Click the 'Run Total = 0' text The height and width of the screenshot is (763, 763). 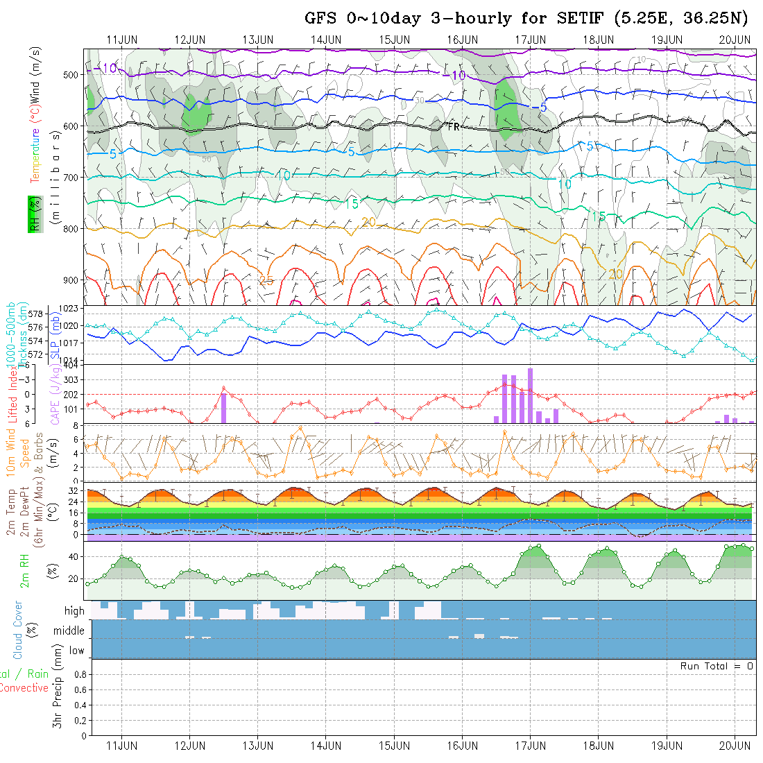(717, 666)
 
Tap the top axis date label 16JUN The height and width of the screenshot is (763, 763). (463, 39)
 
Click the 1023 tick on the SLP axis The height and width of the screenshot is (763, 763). (73, 308)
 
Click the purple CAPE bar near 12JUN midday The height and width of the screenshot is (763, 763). (224, 408)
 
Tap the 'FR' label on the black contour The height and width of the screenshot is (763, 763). (454, 127)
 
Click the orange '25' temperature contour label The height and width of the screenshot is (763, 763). (266, 280)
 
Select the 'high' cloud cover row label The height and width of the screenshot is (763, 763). (74, 611)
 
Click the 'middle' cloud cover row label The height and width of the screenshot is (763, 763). (69, 631)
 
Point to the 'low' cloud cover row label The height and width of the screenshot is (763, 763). (76, 651)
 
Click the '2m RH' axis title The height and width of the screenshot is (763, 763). (25, 570)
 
